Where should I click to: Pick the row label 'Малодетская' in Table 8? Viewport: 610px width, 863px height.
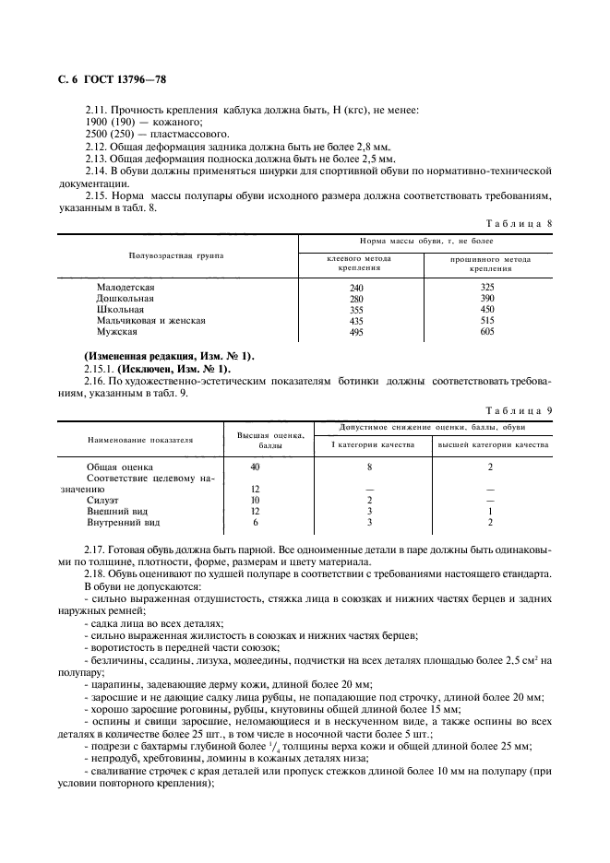pos(126,289)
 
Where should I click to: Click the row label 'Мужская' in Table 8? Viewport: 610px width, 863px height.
pos(117,331)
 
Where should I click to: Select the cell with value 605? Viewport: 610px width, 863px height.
pos(487,331)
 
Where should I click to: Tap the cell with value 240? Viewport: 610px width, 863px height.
pos(356,289)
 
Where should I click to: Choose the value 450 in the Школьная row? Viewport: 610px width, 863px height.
pos(487,310)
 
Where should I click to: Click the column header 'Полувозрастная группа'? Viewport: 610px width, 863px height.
pos(176,254)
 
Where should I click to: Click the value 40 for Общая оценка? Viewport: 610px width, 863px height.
pos(256,467)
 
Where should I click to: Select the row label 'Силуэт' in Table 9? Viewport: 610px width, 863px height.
pos(103,500)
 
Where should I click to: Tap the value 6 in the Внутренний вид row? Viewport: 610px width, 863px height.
pos(256,522)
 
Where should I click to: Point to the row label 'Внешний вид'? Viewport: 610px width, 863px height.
pos(116,511)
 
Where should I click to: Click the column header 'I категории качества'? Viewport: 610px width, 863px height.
pos(372,444)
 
